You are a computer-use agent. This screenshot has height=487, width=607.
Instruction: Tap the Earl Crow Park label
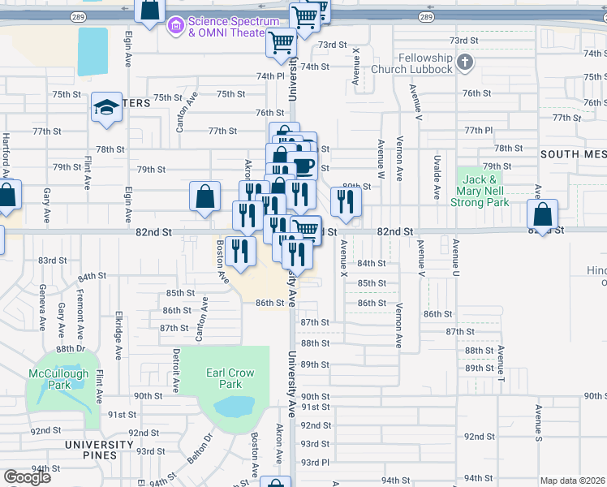click(230, 378)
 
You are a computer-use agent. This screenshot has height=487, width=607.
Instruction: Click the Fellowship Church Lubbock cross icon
click(465, 62)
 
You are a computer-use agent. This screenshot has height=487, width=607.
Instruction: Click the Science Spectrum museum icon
click(174, 27)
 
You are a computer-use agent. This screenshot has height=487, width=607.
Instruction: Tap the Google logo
click(27, 477)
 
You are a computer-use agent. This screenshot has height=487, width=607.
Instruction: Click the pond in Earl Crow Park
click(235, 406)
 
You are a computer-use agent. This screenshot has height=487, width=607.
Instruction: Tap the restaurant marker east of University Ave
click(347, 203)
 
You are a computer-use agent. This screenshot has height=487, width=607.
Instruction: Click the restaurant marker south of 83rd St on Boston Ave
click(239, 249)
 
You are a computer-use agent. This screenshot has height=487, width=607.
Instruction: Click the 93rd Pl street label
click(315, 462)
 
